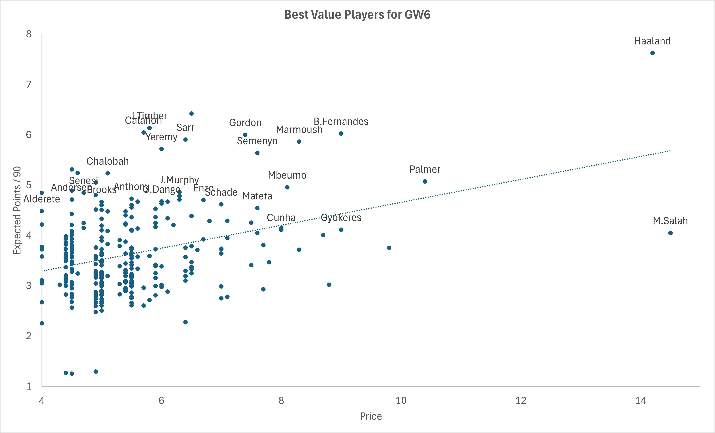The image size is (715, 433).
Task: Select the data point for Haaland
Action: tap(652, 53)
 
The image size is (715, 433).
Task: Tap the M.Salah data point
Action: tap(670, 233)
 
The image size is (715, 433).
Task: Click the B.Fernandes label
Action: tap(341, 121)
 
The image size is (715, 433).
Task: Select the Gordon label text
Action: tap(245, 123)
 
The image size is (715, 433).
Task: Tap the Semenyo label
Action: tap(257, 141)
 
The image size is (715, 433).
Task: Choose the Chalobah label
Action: tap(108, 161)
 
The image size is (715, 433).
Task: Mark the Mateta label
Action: tap(257, 196)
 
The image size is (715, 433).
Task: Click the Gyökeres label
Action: tap(341, 218)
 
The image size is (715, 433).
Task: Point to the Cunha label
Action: tap(281, 218)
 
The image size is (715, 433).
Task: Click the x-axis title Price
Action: tap(371, 416)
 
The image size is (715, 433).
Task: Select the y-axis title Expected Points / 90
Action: tap(17, 210)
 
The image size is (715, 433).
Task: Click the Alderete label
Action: tap(42, 199)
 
